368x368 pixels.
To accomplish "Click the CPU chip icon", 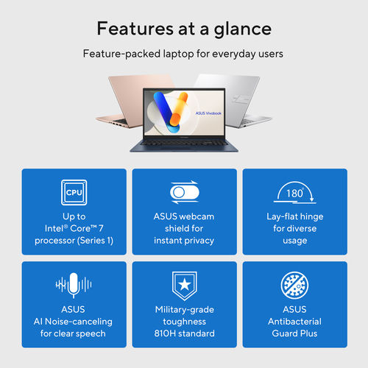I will [x=74, y=193].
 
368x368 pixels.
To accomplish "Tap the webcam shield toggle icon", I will [x=184, y=193].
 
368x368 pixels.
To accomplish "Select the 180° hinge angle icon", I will [x=294, y=194].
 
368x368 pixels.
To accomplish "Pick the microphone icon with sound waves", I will [x=74, y=285].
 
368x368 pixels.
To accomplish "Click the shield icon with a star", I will [x=184, y=285].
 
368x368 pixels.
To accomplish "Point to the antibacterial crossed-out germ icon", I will [x=294, y=285].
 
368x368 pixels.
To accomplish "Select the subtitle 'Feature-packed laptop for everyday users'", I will [x=184, y=54].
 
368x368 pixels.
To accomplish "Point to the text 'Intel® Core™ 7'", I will [x=74, y=228].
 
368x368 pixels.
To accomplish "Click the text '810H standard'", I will [x=184, y=333].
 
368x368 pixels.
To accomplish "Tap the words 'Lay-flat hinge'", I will [x=294, y=216].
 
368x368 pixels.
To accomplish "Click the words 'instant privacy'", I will [x=184, y=240].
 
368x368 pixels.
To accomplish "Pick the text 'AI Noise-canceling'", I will [x=74, y=322].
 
